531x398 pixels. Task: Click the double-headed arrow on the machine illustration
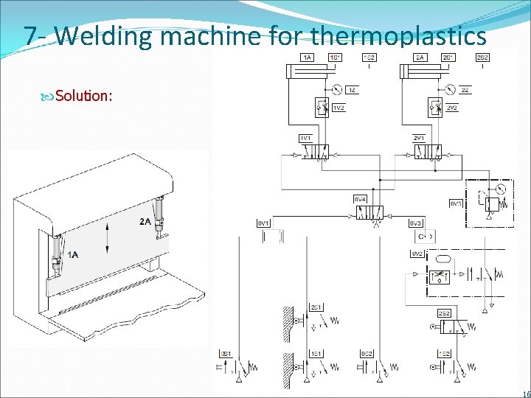pos(108,237)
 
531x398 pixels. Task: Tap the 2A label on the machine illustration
pos(146,222)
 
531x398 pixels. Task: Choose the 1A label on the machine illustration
pos(73,254)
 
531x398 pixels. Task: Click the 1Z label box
pos(353,90)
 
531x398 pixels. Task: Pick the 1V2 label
pos(339,108)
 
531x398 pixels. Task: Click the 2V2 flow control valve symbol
pos(434,108)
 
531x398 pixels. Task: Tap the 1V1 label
pos(305,138)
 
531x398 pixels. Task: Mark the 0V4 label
pos(361,198)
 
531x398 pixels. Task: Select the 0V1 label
pos(263,223)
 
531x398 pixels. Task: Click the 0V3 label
pos(416,223)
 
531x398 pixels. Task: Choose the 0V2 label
pos(417,254)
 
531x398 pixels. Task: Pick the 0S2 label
pos(367,355)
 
